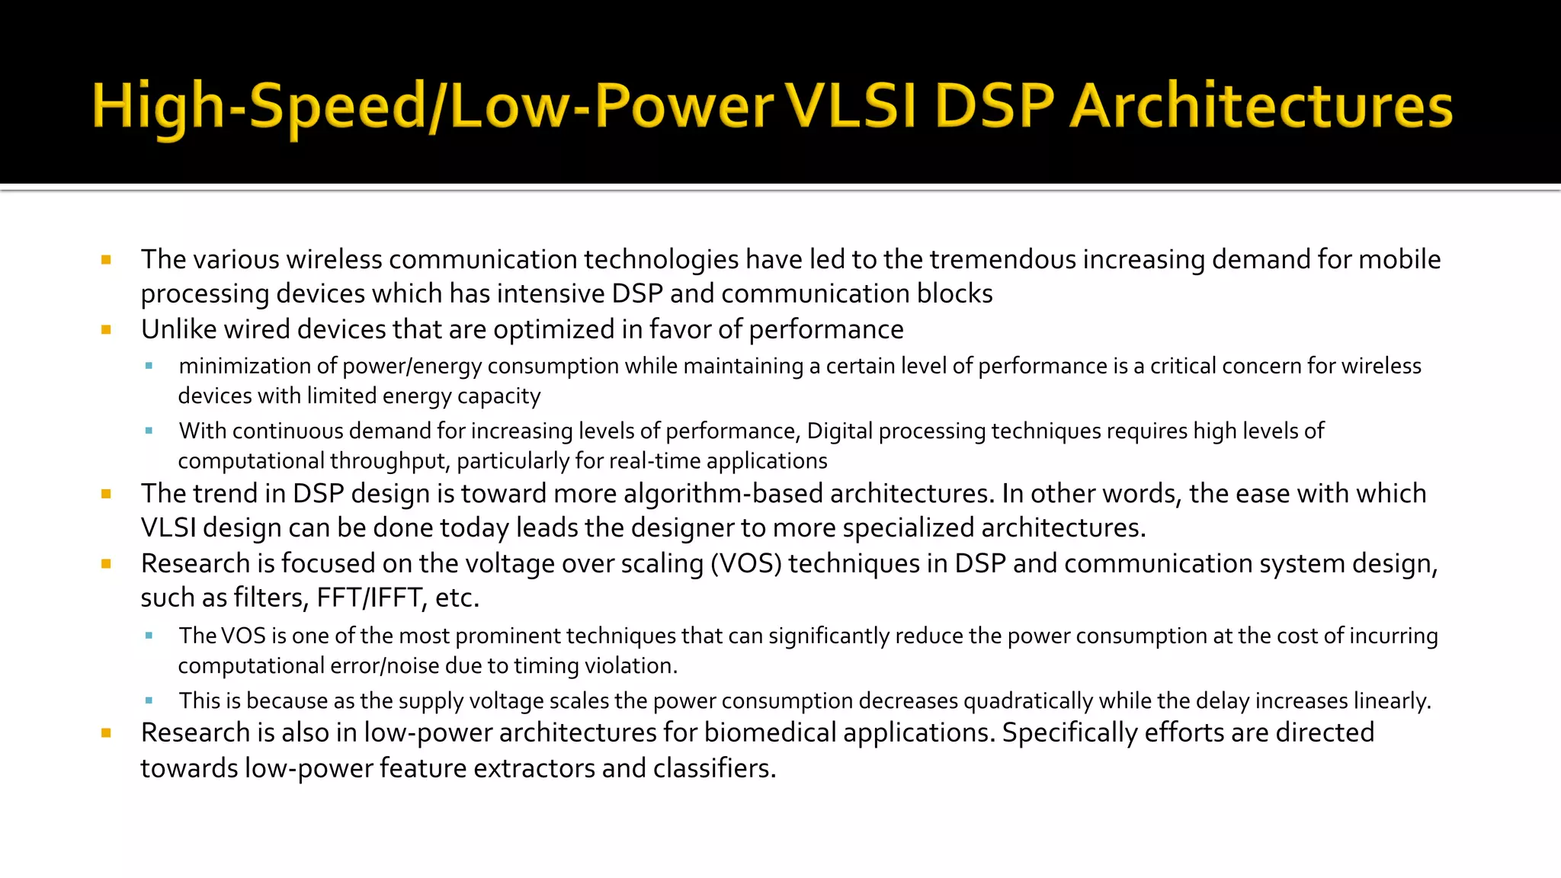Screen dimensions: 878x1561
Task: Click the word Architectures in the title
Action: (1261, 106)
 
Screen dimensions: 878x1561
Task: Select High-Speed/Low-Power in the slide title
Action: (432, 106)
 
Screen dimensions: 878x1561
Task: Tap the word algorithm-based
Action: (723, 494)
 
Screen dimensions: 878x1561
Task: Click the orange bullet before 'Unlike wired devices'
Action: (106, 330)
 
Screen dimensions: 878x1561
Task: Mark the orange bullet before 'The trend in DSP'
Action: (106, 494)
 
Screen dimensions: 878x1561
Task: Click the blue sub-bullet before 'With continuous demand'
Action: (149, 431)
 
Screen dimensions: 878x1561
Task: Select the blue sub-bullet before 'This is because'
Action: (149, 700)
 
